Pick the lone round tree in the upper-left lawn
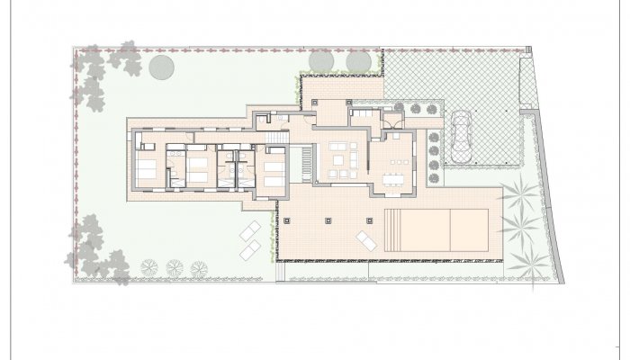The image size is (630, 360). [x=162, y=66]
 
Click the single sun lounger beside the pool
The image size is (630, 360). [x=366, y=239]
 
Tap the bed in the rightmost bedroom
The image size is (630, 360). [x=274, y=167]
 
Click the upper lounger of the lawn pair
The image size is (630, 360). [x=251, y=229]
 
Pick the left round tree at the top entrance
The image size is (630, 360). [x=322, y=60]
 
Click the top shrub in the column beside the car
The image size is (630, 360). [x=434, y=137]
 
